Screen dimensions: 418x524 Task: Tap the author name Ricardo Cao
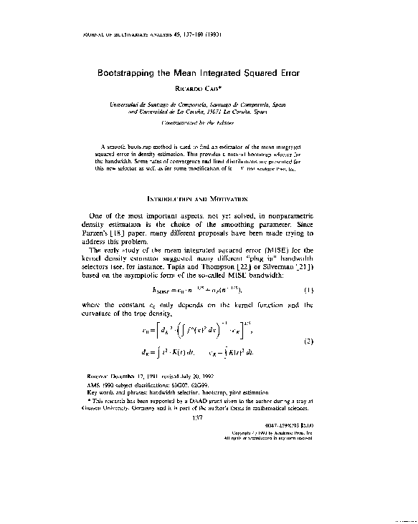pos(209,89)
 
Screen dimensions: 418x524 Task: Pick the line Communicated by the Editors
pos(208,122)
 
